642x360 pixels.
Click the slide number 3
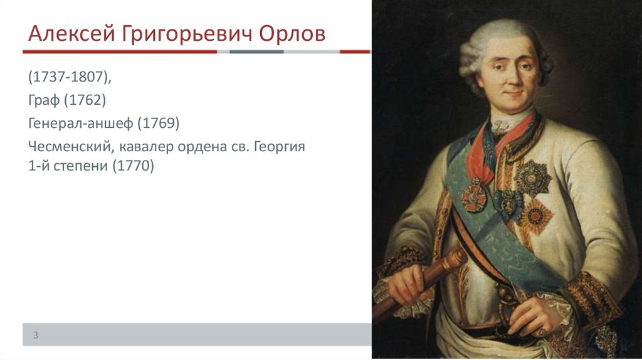coord(36,336)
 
